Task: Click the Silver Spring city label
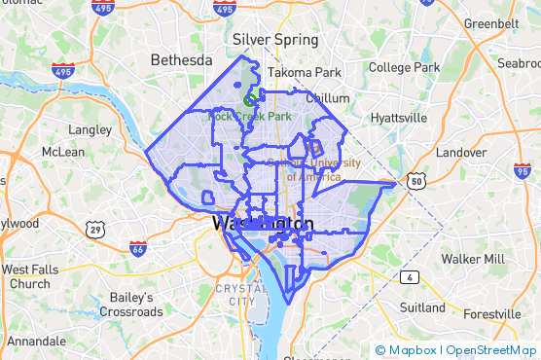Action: click(275, 40)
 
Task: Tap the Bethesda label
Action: click(181, 60)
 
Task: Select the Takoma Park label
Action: click(305, 72)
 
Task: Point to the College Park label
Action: click(405, 67)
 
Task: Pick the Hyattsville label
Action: click(398, 118)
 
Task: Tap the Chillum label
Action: click(328, 98)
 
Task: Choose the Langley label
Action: click(90, 128)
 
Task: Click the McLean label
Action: click(63, 152)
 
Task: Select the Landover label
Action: click(461, 153)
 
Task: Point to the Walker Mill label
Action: click(473, 259)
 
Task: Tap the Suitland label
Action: click(422, 307)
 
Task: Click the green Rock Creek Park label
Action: click(250, 117)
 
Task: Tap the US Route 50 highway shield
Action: click(415, 181)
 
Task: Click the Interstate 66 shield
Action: click(138, 248)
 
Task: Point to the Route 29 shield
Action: click(95, 230)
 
